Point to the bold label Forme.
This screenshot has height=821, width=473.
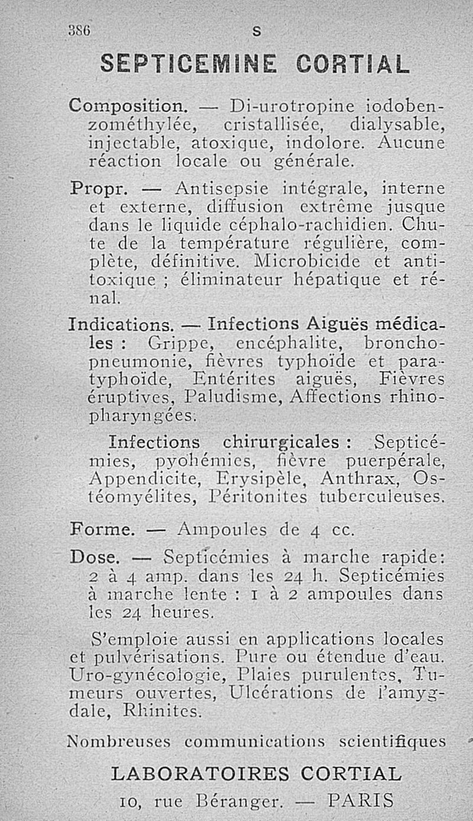click(102, 529)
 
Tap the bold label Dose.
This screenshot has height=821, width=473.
click(95, 557)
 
